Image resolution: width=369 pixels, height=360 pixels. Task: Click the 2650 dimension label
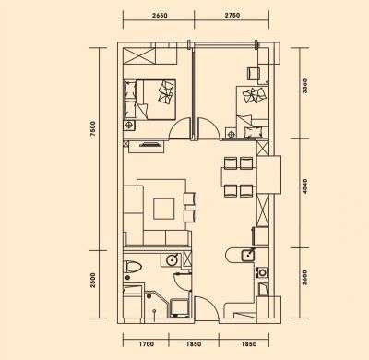click(x=159, y=15)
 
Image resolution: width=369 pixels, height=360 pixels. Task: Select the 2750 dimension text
click(x=232, y=15)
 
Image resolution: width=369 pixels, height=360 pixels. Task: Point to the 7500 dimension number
click(x=93, y=129)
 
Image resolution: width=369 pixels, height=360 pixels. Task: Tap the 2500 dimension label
click(x=93, y=281)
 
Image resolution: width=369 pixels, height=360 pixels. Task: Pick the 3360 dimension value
click(x=304, y=87)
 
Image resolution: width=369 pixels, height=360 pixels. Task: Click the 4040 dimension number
click(x=304, y=186)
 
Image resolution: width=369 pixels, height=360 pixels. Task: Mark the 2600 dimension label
click(x=304, y=278)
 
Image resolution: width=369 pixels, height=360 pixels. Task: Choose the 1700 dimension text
click(x=146, y=344)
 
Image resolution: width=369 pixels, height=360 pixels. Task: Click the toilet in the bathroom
click(x=132, y=267)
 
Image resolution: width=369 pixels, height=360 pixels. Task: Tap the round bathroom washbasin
click(x=172, y=260)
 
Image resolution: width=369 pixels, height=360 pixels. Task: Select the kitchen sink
click(x=248, y=255)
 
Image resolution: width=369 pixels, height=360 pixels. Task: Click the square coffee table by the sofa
click(x=164, y=209)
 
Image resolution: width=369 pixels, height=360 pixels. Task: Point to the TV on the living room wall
click(x=150, y=144)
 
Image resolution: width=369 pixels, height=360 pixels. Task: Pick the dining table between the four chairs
click(x=239, y=177)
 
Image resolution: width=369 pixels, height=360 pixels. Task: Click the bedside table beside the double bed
click(x=129, y=126)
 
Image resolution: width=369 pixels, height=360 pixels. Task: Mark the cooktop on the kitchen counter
click(x=262, y=272)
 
